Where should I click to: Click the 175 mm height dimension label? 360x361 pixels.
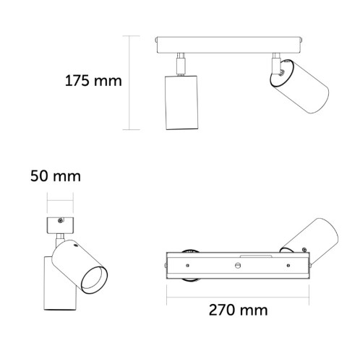pyautogui.click(x=92, y=80)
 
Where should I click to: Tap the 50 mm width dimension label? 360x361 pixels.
pyautogui.click(x=55, y=175)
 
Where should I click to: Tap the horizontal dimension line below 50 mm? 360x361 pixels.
pyautogui.click(x=61, y=201)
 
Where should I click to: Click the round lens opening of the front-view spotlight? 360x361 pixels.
pyautogui.click(x=93, y=277)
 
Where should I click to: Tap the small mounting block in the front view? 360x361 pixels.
pyautogui.click(x=61, y=225)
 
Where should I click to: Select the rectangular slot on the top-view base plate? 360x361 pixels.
pyautogui.click(x=257, y=256)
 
